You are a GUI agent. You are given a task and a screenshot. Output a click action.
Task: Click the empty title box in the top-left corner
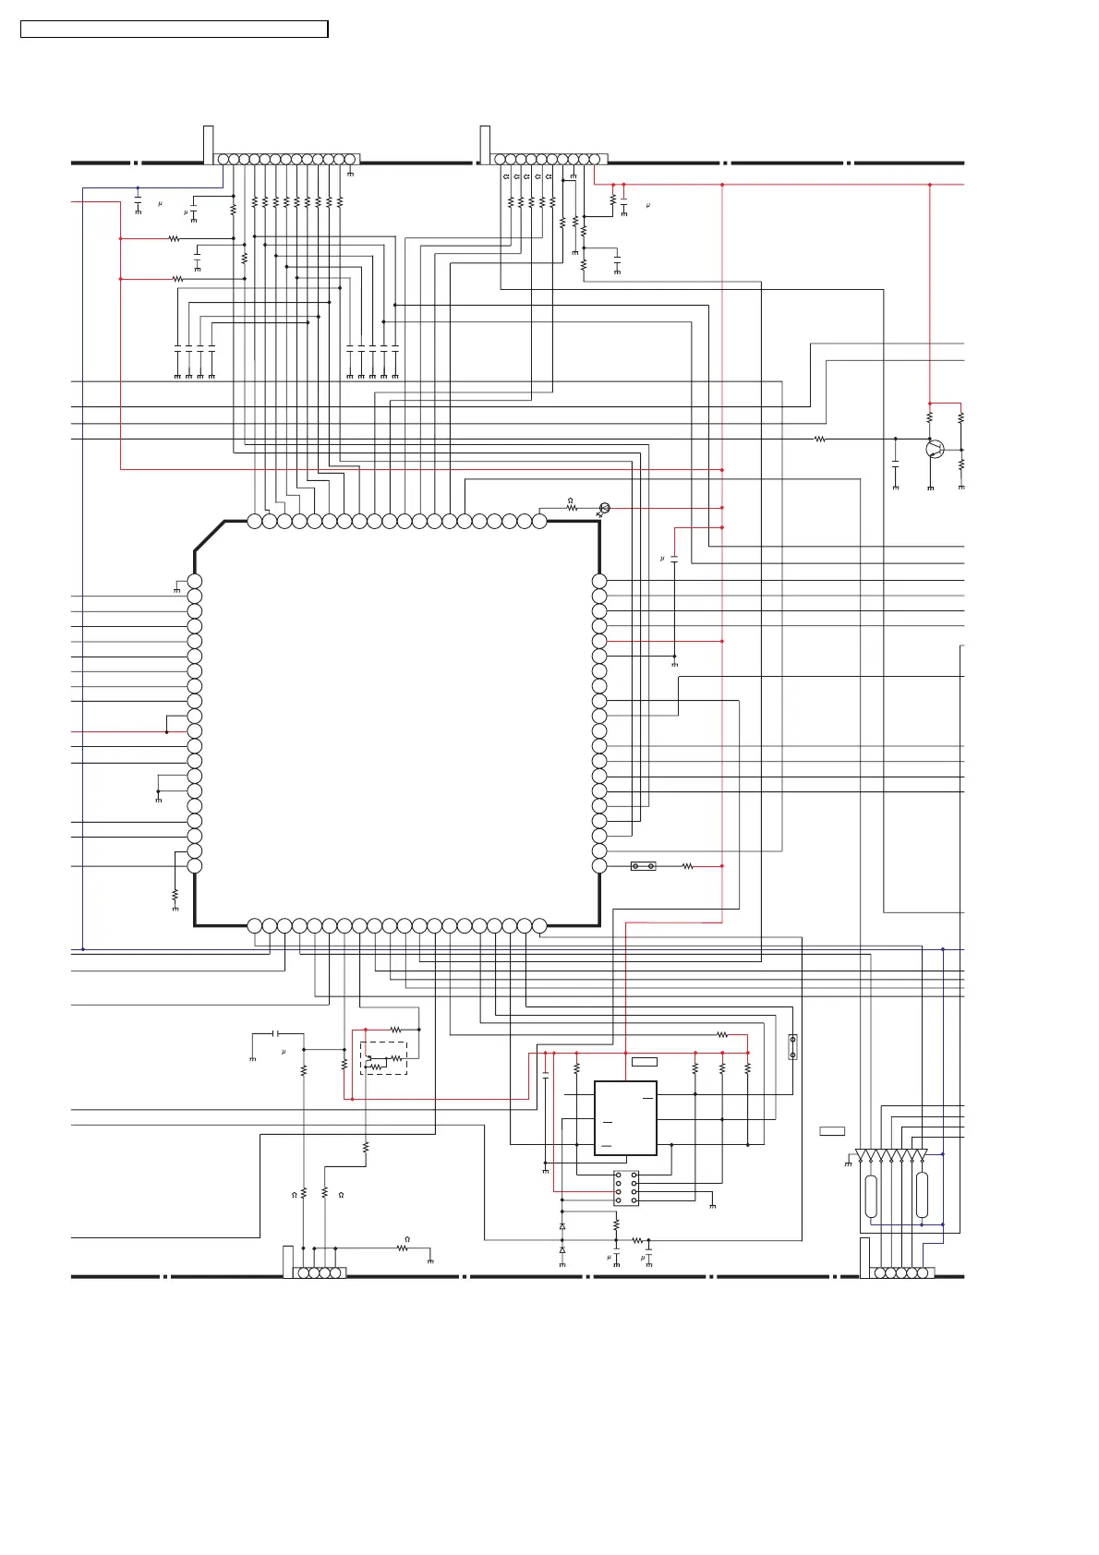pos(175,30)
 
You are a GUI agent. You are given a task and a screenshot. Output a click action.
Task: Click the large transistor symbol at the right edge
pos(935,449)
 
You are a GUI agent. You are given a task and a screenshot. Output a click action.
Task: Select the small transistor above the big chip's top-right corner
pos(604,509)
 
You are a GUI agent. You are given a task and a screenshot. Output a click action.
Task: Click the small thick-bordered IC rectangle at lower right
pos(625,1117)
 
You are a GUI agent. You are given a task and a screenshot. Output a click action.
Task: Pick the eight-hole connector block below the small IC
pos(626,1187)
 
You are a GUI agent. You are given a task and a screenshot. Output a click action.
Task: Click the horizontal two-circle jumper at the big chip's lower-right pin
pos(643,866)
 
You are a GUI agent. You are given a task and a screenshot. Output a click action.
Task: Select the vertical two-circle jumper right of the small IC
pos(792,1047)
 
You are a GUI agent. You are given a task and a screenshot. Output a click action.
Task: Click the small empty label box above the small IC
pos(645,1062)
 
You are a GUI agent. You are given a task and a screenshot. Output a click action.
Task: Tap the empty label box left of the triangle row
pos(832,1131)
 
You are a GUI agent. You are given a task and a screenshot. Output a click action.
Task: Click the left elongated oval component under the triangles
pos(871,1197)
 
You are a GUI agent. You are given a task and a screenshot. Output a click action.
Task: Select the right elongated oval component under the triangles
pos(922,1196)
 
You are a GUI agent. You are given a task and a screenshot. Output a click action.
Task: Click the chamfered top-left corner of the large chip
pos(210,536)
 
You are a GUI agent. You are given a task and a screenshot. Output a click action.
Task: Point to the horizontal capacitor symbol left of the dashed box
pos(276,1033)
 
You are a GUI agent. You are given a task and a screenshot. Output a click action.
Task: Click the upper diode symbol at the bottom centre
pos(562,1226)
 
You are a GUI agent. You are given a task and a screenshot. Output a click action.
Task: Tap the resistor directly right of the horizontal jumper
pos(687,866)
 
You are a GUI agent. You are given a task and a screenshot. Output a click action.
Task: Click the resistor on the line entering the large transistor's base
pos(820,439)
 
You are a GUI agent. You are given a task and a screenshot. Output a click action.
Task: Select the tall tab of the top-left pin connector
pos(209,145)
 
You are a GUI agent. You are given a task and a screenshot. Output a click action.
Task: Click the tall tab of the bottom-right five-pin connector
pos(864,1257)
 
